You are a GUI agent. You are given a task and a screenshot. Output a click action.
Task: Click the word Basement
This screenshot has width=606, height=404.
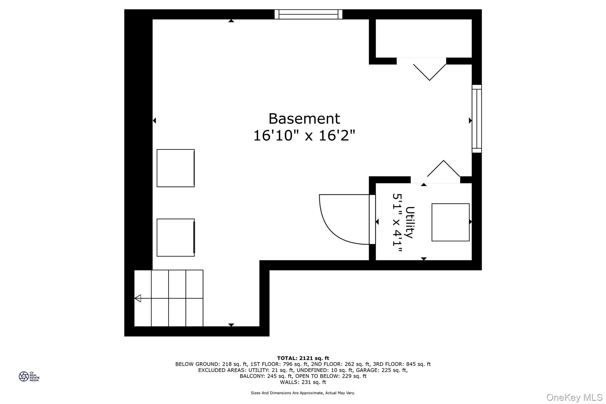tap(304, 119)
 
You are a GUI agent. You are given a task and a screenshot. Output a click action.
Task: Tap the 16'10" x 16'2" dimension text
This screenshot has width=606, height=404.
tap(304, 136)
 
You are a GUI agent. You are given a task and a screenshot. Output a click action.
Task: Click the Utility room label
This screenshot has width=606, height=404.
tap(410, 222)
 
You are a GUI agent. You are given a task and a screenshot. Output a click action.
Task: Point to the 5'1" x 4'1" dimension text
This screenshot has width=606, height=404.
tap(397, 223)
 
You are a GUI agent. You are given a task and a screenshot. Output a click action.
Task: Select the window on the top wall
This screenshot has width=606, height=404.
tap(308, 14)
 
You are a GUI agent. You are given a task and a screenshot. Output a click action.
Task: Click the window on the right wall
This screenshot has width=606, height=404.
tap(477, 119)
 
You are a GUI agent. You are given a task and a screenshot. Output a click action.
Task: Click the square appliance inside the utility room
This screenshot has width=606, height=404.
tap(450, 222)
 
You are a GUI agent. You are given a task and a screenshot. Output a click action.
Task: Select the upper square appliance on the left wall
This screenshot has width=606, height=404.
tap(175, 168)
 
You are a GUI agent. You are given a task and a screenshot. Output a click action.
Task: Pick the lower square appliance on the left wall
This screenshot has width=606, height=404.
tap(175, 238)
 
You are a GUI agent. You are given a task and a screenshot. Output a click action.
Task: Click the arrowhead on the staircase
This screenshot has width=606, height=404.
tap(138, 298)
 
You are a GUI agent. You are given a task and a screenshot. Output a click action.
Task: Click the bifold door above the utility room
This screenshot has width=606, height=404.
tap(444, 169)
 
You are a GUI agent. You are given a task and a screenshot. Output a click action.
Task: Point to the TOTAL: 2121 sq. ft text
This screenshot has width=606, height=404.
tap(303, 358)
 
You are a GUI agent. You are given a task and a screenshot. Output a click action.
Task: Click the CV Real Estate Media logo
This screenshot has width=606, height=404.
tap(29, 376)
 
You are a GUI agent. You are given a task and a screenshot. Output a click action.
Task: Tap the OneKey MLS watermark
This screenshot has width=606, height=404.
tap(574, 397)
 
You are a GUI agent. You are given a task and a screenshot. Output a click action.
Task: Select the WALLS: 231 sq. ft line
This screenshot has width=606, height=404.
tap(303, 382)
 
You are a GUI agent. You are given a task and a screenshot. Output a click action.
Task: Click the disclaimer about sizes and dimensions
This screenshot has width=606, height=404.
tap(303, 393)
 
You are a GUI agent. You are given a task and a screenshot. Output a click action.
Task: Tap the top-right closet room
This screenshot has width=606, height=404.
tap(423, 38)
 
